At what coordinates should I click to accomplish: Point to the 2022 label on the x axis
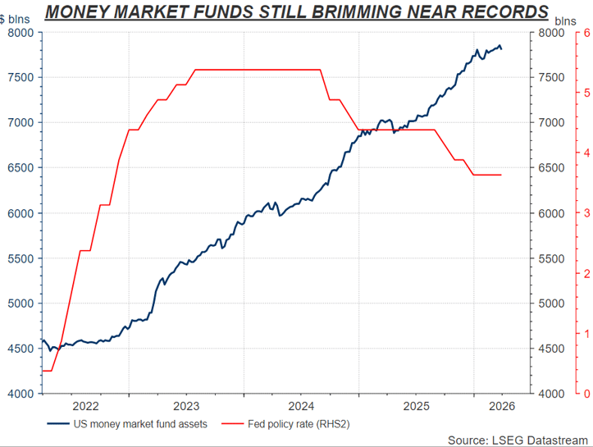86,406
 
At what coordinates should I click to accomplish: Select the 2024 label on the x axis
302,406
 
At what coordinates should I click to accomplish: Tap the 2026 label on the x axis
500,406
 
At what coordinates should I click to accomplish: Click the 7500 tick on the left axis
20,78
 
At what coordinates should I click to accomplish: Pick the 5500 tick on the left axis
20,258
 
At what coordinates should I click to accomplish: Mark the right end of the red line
501,175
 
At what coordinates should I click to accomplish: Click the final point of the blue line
502,49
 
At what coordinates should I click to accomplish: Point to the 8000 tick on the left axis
20,33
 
